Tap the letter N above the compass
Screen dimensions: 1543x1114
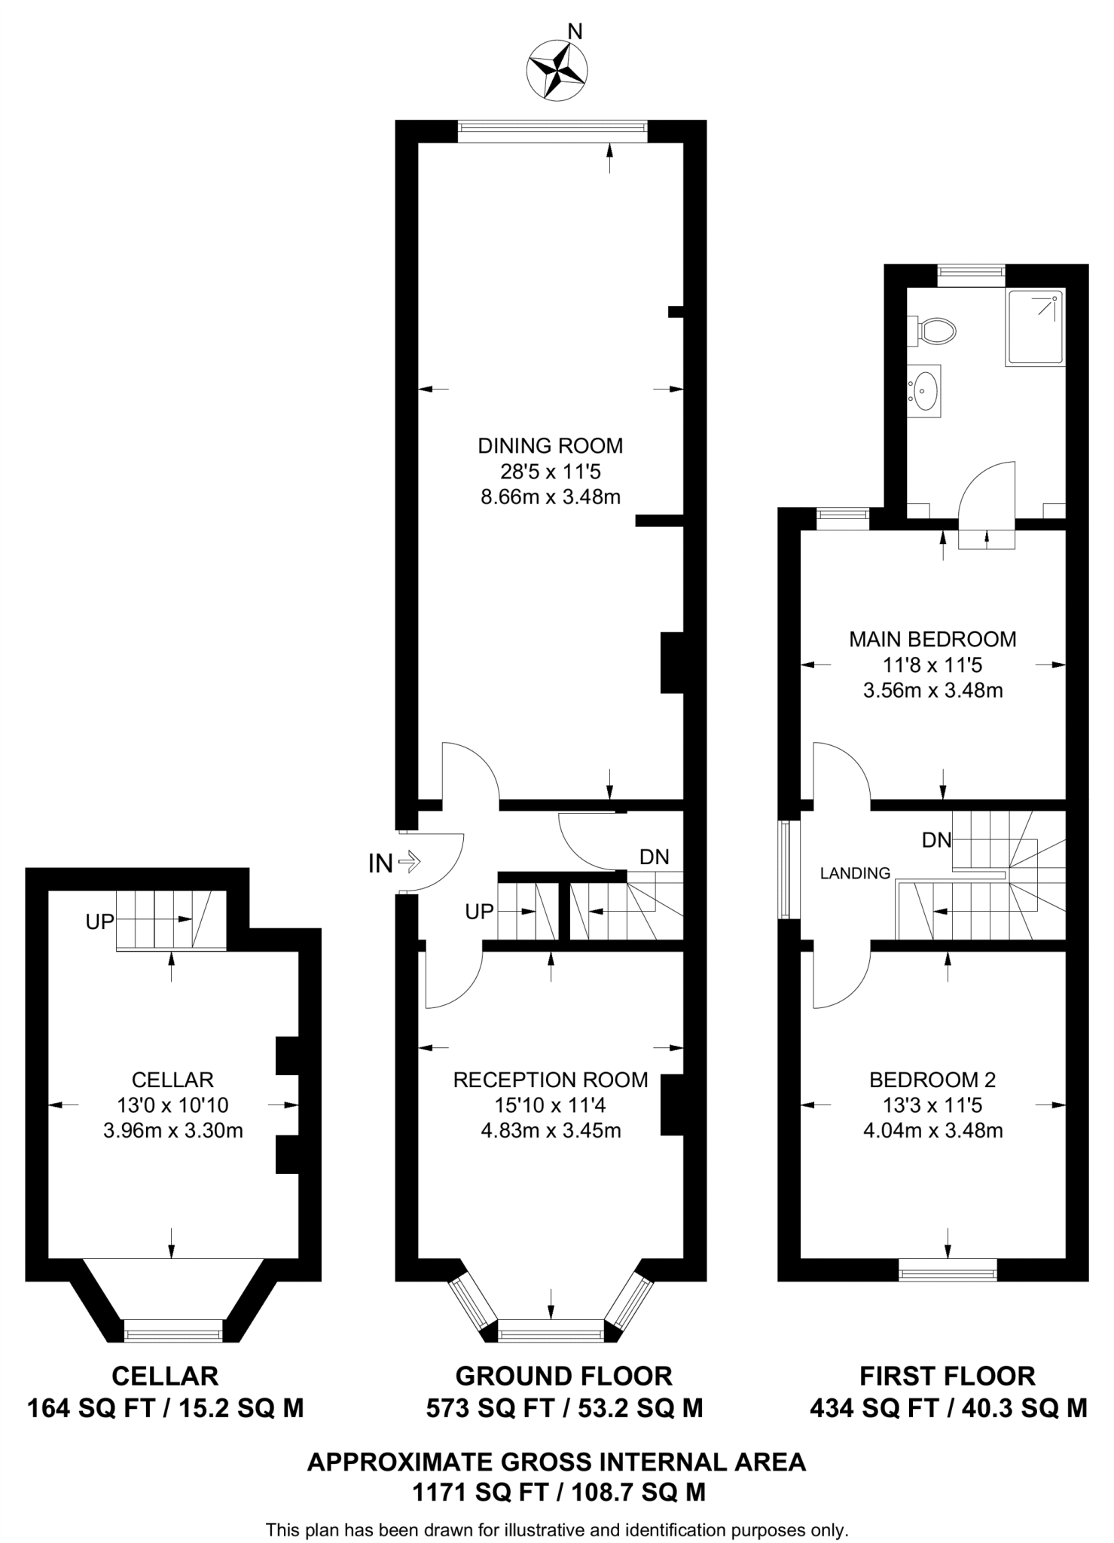click(575, 32)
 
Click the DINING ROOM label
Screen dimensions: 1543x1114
click(550, 446)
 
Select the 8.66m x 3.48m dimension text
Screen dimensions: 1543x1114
click(550, 497)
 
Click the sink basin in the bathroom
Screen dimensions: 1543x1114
click(926, 390)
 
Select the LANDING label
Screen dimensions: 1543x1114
click(855, 874)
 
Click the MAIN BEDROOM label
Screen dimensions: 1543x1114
click(932, 640)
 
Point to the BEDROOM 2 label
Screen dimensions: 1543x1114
click(932, 1080)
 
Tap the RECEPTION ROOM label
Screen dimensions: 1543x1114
click(550, 1080)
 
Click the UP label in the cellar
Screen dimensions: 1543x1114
click(100, 922)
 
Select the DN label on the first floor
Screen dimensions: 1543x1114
click(936, 840)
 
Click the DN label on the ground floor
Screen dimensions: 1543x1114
click(654, 857)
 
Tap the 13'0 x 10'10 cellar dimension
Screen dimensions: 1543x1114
click(172, 1105)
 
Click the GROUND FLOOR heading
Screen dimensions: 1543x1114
click(563, 1376)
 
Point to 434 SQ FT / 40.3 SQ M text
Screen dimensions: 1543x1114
click(948, 1408)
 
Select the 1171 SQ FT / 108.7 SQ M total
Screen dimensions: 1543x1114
click(558, 1493)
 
